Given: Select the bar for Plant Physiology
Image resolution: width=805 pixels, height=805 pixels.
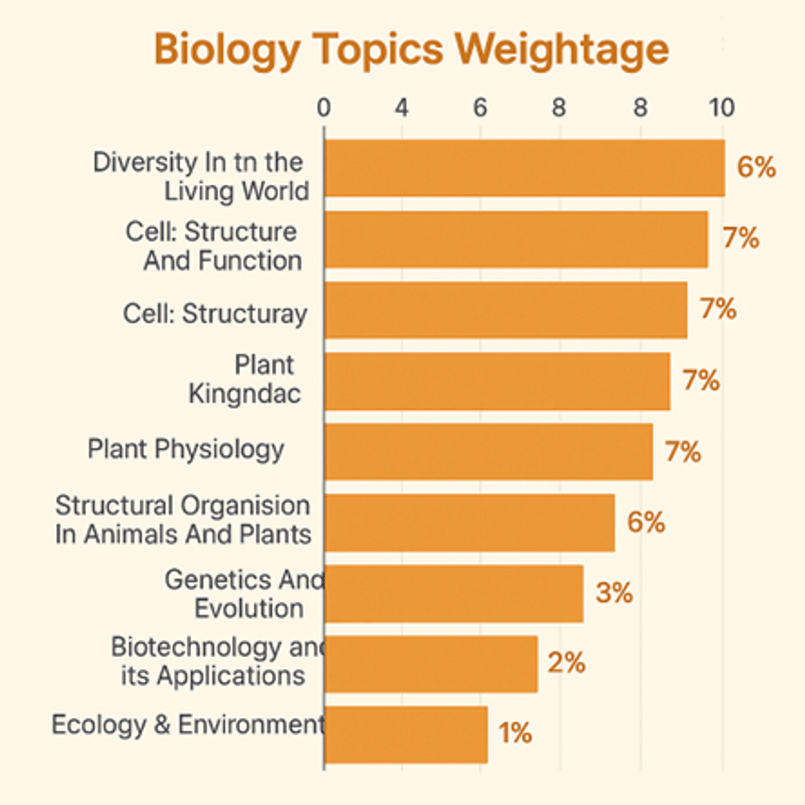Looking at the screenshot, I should click(488, 451).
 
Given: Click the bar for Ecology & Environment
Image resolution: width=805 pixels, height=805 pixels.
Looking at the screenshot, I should click(406, 734).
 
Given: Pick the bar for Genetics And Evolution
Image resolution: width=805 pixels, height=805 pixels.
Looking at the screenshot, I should click(453, 593).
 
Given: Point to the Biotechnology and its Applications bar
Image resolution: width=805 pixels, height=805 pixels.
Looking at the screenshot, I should click(431, 663).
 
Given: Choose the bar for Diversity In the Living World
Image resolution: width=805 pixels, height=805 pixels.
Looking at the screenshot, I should click(524, 168).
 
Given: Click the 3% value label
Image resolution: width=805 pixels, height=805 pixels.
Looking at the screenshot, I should click(614, 593).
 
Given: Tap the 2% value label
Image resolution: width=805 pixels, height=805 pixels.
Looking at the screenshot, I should click(566, 663).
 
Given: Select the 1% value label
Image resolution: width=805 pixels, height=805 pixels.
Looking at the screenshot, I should click(515, 733).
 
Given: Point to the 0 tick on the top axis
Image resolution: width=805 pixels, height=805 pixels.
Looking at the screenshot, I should click(324, 108).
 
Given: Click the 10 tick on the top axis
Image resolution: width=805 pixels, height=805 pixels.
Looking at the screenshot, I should click(722, 108).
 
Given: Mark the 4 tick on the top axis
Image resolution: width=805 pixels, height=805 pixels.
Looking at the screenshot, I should click(402, 108).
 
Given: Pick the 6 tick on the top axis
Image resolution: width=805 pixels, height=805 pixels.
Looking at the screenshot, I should click(480, 108).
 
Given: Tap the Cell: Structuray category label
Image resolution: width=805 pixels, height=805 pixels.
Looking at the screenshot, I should click(215, 314).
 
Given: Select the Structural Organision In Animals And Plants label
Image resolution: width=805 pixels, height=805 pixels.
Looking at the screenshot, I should click(183, 520).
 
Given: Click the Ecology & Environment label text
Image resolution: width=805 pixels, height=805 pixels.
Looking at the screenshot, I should click(188, 725).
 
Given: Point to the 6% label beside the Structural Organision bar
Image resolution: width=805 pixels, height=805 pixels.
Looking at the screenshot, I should click(646, 522).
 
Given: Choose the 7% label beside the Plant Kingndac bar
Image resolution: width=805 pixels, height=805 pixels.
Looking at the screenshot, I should click(701, 380).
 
